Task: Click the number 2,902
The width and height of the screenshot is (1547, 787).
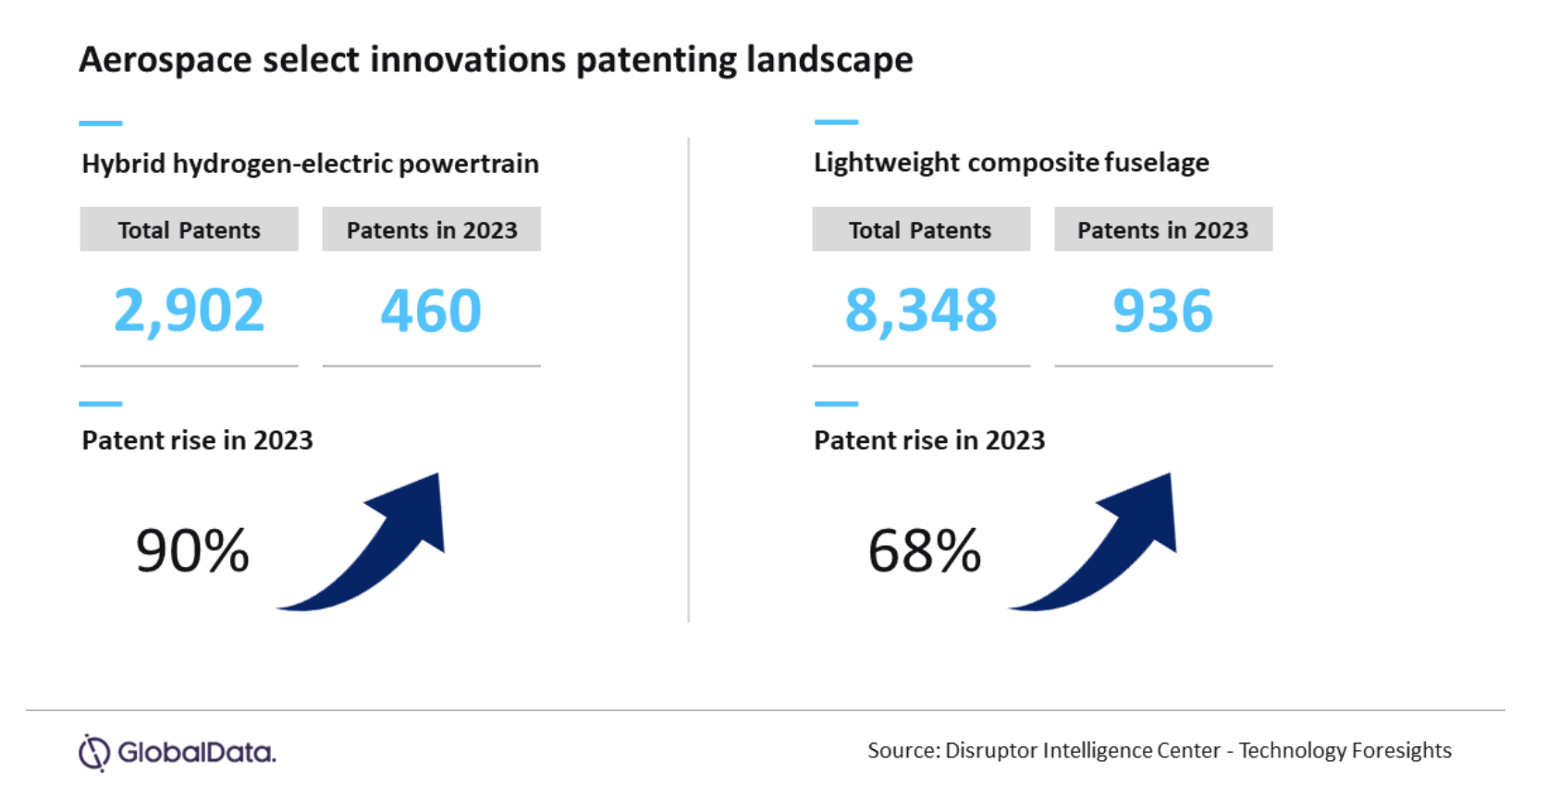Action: (189, 311)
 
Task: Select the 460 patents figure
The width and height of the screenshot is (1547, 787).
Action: (431, 311)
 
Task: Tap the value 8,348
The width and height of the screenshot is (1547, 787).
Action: (921, 311)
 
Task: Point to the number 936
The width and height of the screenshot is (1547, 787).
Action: (1162, 311)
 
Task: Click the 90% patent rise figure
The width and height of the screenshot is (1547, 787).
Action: (192, 551)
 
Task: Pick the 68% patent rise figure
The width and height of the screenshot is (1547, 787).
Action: (924, 551)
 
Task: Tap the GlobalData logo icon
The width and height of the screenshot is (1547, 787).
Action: (94, 753)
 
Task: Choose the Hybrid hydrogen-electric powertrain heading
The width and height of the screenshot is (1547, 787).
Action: (310, 164)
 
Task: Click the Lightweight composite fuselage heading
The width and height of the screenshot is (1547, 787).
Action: (1011, 163)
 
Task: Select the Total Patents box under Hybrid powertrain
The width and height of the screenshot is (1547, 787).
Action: (189, 229)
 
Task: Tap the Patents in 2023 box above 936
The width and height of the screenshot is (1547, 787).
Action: (1162, 229)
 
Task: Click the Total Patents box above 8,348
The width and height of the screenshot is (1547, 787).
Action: (921, 229)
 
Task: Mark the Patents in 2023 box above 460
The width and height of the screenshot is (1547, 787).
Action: (431, 229)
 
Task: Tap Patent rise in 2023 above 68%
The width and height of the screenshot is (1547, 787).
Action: (928, 440)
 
